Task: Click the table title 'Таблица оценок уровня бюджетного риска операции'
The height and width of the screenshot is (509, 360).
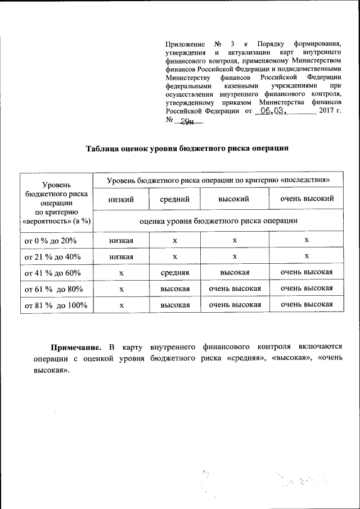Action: tap(187, 148)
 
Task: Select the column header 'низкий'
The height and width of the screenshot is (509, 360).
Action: tap(120, 199)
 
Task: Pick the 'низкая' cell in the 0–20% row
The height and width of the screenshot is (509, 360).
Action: tap(120, 240)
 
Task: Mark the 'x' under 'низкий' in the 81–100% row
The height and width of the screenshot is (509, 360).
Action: tap(120, 305)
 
